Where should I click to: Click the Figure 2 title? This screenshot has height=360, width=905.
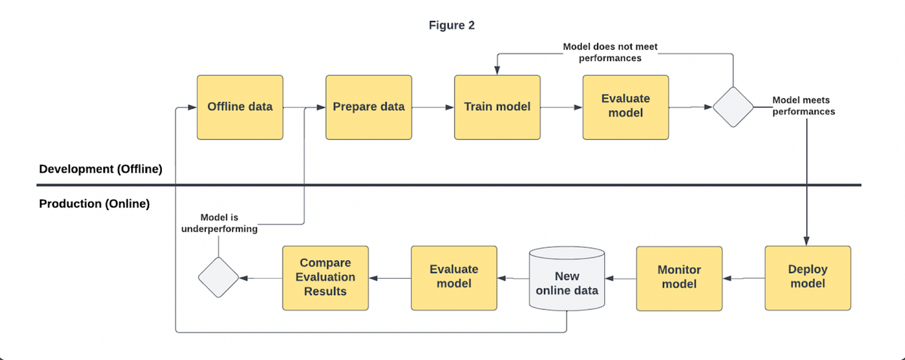pyautogui.click(x=451, y=25)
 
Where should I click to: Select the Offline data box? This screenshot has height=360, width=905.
pyautogui.click(x=240, y=107)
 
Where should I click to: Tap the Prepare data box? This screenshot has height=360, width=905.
pyautogui.click(x=369, y=107)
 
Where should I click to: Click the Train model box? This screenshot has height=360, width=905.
pyautogui.click(x=497, y=107)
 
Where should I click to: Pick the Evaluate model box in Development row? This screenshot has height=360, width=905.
pyautogui.click(x=626, y=107)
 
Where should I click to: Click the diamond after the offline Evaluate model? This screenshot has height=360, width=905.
pyautogui.click(x=733, y=107)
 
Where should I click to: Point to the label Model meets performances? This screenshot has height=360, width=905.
pyautogui.click(x=803, y=106)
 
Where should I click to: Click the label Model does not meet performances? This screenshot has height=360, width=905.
pyautogui.click(x=610, y=52)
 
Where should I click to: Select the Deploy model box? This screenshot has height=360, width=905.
pyautogui.click(x=808, y=277)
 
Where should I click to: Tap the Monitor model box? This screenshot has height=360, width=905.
pyautogui.click(x=679, y=277)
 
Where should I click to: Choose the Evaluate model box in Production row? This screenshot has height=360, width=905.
pyautogui.click(x=454, y=277)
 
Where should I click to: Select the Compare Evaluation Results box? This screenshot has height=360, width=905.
pyautogui.click(x=325, y=277)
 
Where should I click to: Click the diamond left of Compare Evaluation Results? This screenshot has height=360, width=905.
pyautogui.click(x=219, y=277)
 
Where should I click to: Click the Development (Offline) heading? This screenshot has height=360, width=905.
pyautogui.click(x=101, y=169)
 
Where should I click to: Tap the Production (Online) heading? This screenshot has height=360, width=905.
pyautogui.click(x=95, y=203)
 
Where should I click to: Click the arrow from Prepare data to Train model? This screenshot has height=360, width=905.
pyautogui.click(x=433, y=107)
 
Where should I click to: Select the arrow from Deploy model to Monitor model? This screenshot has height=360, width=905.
pyautogui.click(x=743, y=278)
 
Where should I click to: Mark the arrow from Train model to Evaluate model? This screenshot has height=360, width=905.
pyautogui.click(x=561, y=107)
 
